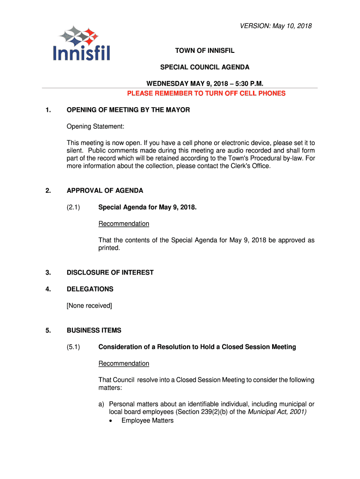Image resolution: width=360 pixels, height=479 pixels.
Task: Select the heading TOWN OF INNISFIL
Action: point(205,51)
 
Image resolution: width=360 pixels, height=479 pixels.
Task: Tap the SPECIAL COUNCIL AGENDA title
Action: point(205,67)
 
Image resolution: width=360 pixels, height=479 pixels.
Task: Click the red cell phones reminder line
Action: point(206,93)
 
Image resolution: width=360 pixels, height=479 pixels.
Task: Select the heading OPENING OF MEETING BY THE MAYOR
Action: point(128,110)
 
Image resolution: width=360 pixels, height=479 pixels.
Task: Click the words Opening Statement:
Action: point(95,126)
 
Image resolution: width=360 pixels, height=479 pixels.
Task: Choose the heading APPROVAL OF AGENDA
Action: point(105,190)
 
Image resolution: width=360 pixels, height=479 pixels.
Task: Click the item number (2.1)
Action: point(73,207)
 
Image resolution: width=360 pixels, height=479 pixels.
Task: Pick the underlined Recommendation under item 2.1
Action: point(123,224)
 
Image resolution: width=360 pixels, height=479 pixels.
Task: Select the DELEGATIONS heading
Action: point(90,289)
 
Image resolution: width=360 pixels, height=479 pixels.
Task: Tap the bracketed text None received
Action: point(89,305)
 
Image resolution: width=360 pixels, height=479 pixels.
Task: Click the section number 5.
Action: point(48,330)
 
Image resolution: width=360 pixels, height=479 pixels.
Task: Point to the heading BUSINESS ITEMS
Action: point(94,330)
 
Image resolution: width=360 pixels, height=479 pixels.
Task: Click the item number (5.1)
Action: point(73,347)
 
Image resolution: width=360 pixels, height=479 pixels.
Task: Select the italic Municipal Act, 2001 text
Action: point(276,412)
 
